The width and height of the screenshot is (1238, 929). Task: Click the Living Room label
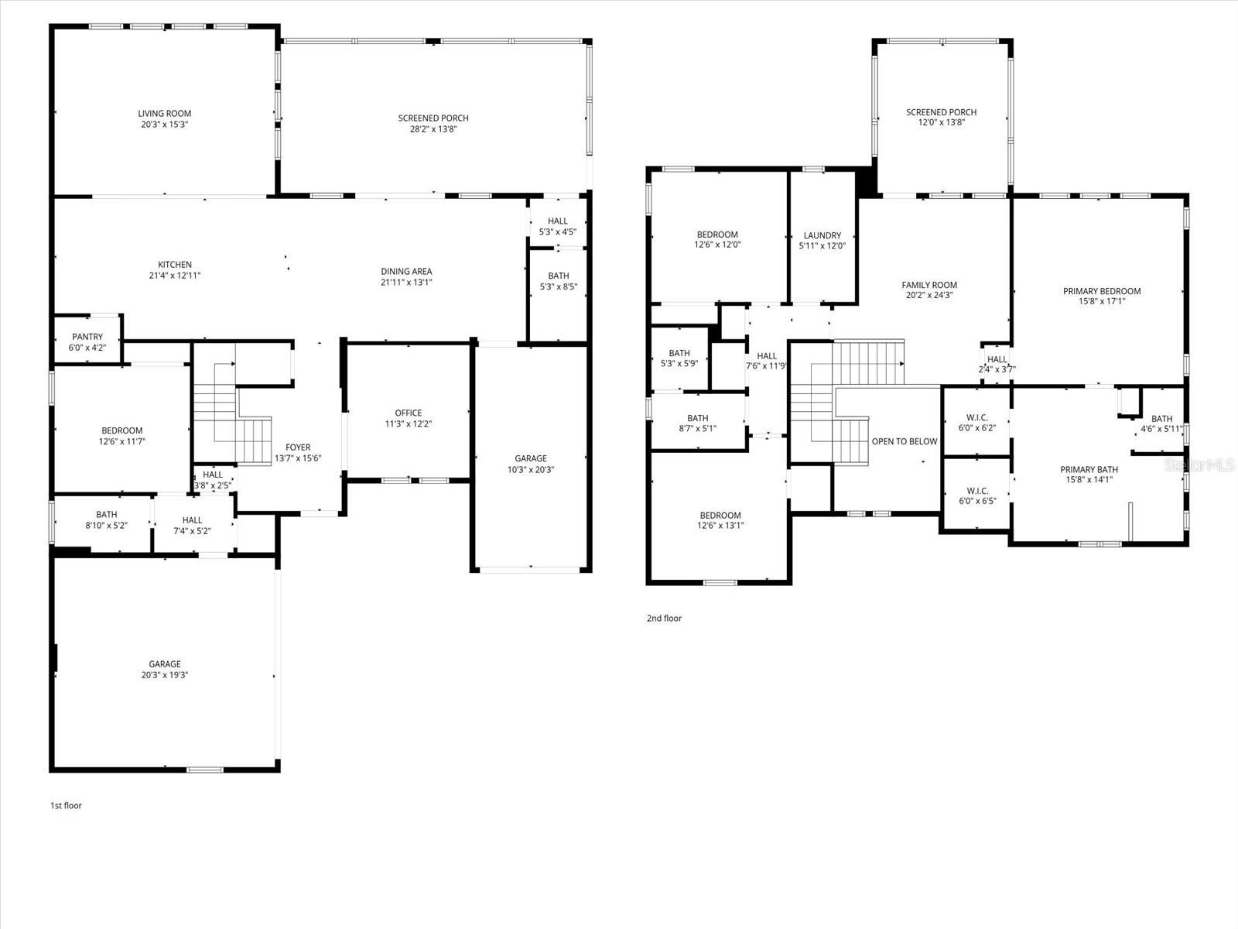(164, 114)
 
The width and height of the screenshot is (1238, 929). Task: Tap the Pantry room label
(87, 337)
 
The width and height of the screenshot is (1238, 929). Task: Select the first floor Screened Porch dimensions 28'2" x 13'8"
(433, 129)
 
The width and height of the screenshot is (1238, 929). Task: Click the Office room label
(409, 413)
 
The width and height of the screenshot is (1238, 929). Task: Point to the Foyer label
(298, 447)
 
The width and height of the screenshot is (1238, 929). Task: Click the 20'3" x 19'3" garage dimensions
(164, 675)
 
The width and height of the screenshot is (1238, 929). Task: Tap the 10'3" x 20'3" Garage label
(531, 458)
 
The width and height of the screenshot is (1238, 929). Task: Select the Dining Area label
(406, 272)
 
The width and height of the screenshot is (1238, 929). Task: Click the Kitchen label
(175, 265)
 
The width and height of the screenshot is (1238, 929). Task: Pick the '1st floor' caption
(66, 806)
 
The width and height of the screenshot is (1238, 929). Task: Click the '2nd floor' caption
(664, 619)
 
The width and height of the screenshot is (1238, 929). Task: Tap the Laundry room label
(822, 235)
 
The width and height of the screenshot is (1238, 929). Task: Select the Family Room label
(929, 285)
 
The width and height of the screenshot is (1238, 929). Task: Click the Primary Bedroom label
(1102, 292)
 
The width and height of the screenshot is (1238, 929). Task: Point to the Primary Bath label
(1089, 469)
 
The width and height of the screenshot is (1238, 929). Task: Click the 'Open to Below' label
(904, 442)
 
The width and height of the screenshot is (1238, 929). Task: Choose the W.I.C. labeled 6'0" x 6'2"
(976, 418)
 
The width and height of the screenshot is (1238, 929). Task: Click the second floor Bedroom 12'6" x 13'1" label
(720, 516)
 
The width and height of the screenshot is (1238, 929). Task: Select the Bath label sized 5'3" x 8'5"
(559, 276)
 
